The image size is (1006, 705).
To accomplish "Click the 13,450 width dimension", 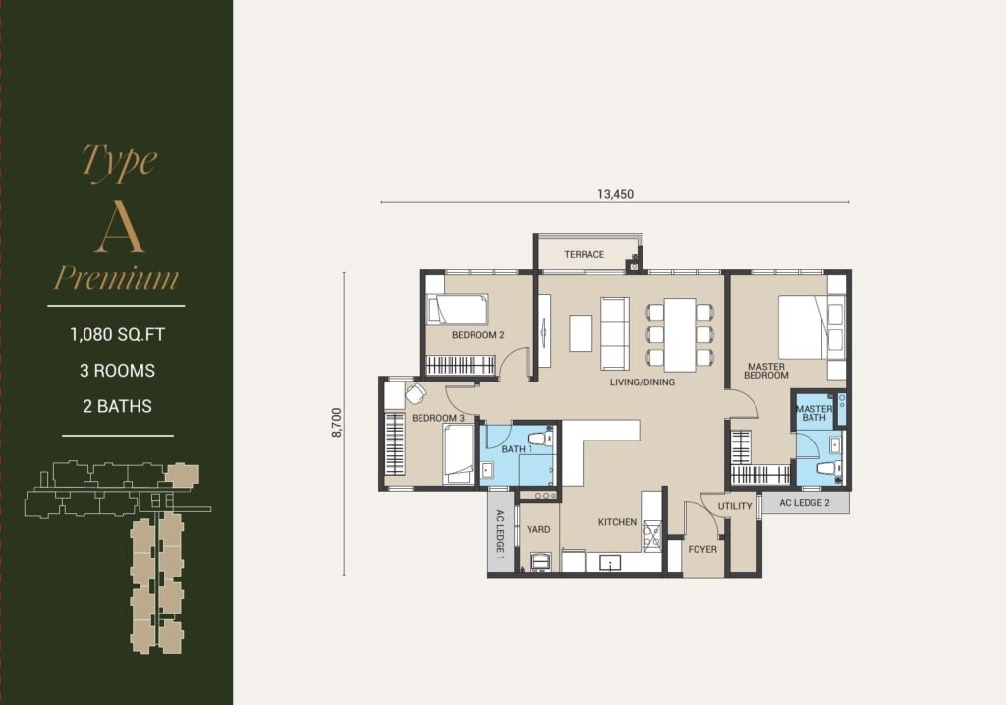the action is (615, 194).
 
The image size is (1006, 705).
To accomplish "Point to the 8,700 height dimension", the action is (338, 423).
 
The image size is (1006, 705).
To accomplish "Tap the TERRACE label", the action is (584, 255).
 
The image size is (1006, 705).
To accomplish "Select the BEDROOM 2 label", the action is (478, 335).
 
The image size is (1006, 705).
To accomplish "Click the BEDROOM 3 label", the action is (438, 418).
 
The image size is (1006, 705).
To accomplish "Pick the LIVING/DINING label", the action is (643, 382).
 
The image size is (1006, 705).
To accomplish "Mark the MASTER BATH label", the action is (813, 413).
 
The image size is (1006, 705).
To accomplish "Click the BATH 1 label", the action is (517, 449).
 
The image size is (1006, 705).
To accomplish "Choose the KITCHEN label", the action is (617, 522).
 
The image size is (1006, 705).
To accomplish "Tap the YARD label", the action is (538, 529).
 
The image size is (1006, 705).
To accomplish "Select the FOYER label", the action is (702, 549).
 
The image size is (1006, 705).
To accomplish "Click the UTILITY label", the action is (735, 506).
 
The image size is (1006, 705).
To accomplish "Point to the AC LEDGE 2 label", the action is (805, 502).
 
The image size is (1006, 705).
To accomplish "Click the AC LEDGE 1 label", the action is (500, 532).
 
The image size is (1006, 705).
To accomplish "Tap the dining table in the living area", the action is (680, 334).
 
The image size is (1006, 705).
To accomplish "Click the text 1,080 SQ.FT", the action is (118, 334).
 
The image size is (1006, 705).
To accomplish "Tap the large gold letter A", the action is (119, 230).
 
